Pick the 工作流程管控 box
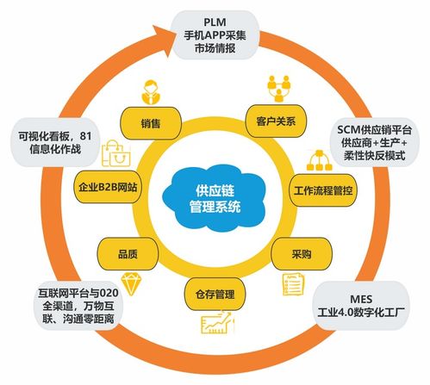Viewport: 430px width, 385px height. (323, 189)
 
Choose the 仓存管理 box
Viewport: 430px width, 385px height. (209, 295)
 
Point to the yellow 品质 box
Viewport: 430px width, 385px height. (125, 255)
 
